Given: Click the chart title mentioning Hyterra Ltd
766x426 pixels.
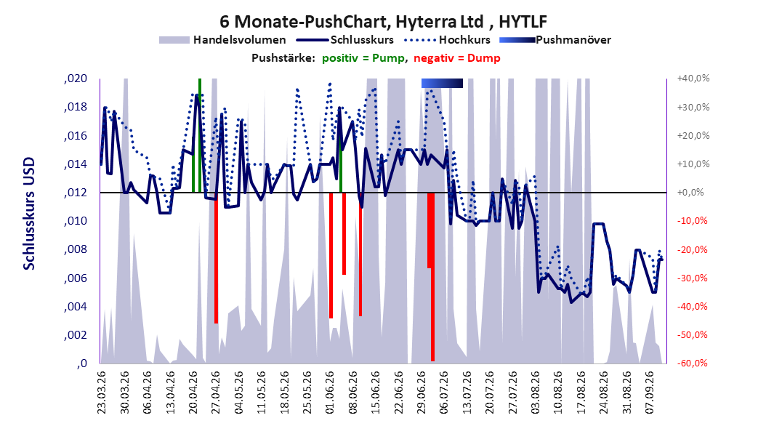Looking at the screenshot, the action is point(383,22).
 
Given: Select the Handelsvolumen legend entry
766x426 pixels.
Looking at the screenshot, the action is point(223,40).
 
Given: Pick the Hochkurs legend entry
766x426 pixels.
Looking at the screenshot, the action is point(446,40).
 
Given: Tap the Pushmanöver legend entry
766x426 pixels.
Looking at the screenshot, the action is point(555,40).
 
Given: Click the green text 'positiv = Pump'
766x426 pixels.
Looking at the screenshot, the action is point(363,58).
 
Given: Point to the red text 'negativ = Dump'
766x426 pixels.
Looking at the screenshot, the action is point(457,58).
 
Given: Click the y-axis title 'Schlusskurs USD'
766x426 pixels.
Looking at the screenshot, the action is point(29,214).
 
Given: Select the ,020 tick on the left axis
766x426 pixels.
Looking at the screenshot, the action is point(76,79).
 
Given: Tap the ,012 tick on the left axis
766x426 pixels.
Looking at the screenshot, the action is point(76,193).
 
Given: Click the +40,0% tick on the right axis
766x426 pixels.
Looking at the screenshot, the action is point(693,79).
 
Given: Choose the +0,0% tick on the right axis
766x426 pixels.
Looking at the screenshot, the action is point(690,193).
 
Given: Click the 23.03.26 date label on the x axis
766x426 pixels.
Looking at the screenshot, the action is point(102,393).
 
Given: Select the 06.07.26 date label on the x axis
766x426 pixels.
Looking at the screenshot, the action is point(444,393).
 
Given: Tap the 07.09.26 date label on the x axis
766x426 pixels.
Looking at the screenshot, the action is point(650,393).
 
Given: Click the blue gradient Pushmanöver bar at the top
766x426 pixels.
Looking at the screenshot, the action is point(442,83).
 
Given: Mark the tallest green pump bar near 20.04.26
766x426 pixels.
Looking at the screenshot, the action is point(200,135).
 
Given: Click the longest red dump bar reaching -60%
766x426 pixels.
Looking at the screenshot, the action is point(433,276).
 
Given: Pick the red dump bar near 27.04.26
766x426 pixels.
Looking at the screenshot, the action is point(216,258).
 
